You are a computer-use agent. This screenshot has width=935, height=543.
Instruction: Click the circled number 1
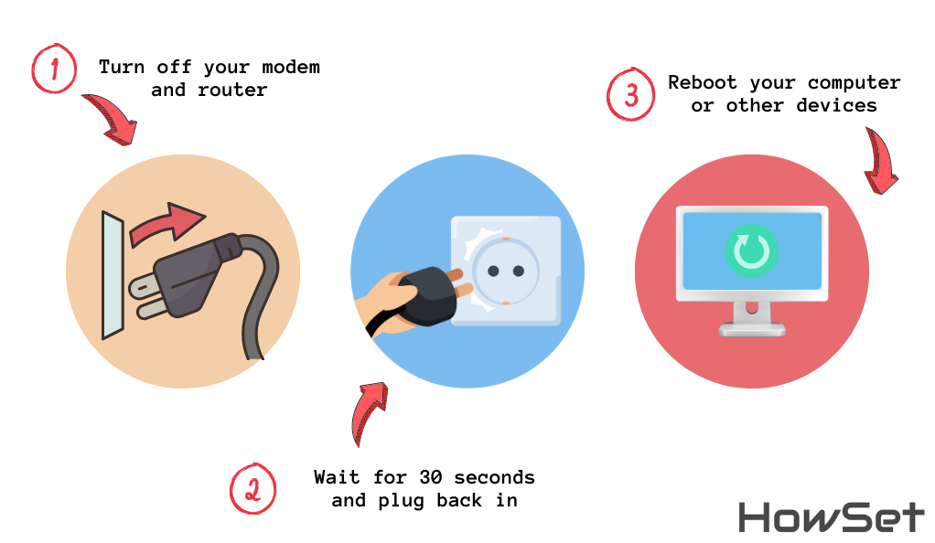[x=54, y=68]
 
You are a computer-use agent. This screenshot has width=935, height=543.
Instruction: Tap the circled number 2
[x=253, y=488]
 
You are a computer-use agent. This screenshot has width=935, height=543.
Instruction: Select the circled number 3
[x=631, y=94]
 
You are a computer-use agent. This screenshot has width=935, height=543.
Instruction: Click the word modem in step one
[x=291, y=67]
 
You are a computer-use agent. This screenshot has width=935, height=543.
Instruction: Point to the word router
[x=232, y=90]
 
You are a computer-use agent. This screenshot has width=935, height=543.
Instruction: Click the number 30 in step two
[x=431, y=477]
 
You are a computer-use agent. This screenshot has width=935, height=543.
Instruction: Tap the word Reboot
[x=702, y=82]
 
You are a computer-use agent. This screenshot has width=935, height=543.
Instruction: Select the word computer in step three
[x=854, y=83]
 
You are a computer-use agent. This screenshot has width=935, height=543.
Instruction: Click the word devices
[x=836, y=105]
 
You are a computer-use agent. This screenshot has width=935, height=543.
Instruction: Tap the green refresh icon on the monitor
[x=751, y=251]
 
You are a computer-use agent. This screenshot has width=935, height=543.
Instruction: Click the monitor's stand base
[x=752, y=328]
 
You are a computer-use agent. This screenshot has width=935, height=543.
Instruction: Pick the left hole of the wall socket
[x=493, y=271]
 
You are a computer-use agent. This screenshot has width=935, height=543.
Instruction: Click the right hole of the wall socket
[x=519, y=271]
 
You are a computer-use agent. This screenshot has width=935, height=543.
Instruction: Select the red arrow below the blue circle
[x=368, y=412]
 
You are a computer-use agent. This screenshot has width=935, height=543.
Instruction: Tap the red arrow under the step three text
[x=880, y=161]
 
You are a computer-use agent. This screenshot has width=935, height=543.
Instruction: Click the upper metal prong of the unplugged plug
[x=143, y=287]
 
